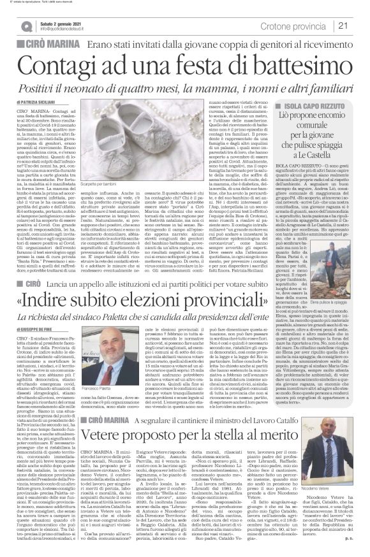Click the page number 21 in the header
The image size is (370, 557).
360,25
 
